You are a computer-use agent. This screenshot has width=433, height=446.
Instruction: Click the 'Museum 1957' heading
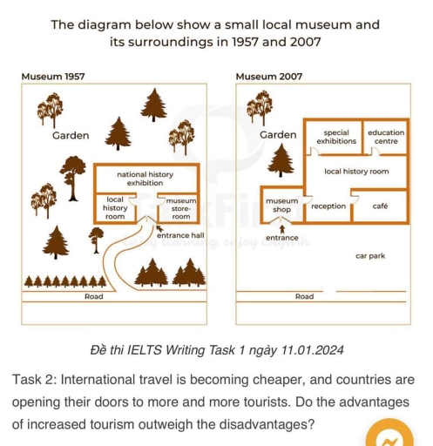(x=52, y=77)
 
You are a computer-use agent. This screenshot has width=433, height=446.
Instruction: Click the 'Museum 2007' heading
(x=268, y=77)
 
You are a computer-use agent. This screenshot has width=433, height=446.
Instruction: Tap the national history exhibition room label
(x=145, y=179)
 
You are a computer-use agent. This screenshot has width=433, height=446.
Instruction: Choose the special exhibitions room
(x=335, y=137)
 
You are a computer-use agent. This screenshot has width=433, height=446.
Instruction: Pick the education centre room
(x=386, y=137)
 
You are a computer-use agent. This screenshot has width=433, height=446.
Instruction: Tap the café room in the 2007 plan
(x=380, y=206)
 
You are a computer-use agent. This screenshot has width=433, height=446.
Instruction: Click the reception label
(x=328, y=206)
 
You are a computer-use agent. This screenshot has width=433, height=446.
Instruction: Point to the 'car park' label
(x=370, y=256)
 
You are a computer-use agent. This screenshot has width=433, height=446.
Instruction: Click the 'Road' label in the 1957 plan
(x=93, y=297)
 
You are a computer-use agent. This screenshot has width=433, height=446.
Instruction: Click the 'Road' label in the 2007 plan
(x=304, y=297)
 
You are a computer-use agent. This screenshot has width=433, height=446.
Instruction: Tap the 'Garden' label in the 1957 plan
(x=70, y=136)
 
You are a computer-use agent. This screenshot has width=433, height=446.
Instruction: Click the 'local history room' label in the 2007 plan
(x=356, y=172)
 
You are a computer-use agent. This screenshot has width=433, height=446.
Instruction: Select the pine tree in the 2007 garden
(x=281, y=160)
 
